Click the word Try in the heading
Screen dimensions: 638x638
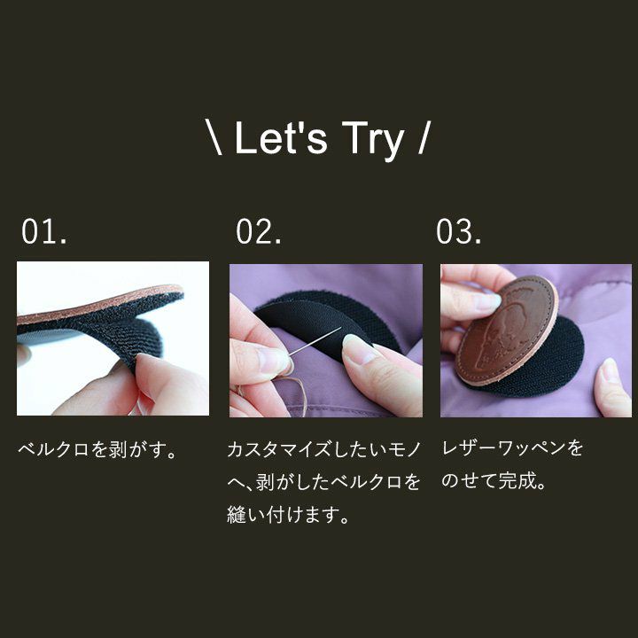373,140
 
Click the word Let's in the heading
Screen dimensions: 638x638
281,138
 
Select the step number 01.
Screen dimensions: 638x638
44,231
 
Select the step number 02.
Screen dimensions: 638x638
259,231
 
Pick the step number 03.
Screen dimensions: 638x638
459,231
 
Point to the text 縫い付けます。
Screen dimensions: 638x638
289,515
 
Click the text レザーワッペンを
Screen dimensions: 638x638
513,448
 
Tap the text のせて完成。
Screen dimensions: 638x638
494,481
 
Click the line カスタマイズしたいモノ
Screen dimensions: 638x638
324,449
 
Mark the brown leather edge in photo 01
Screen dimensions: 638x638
99,303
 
